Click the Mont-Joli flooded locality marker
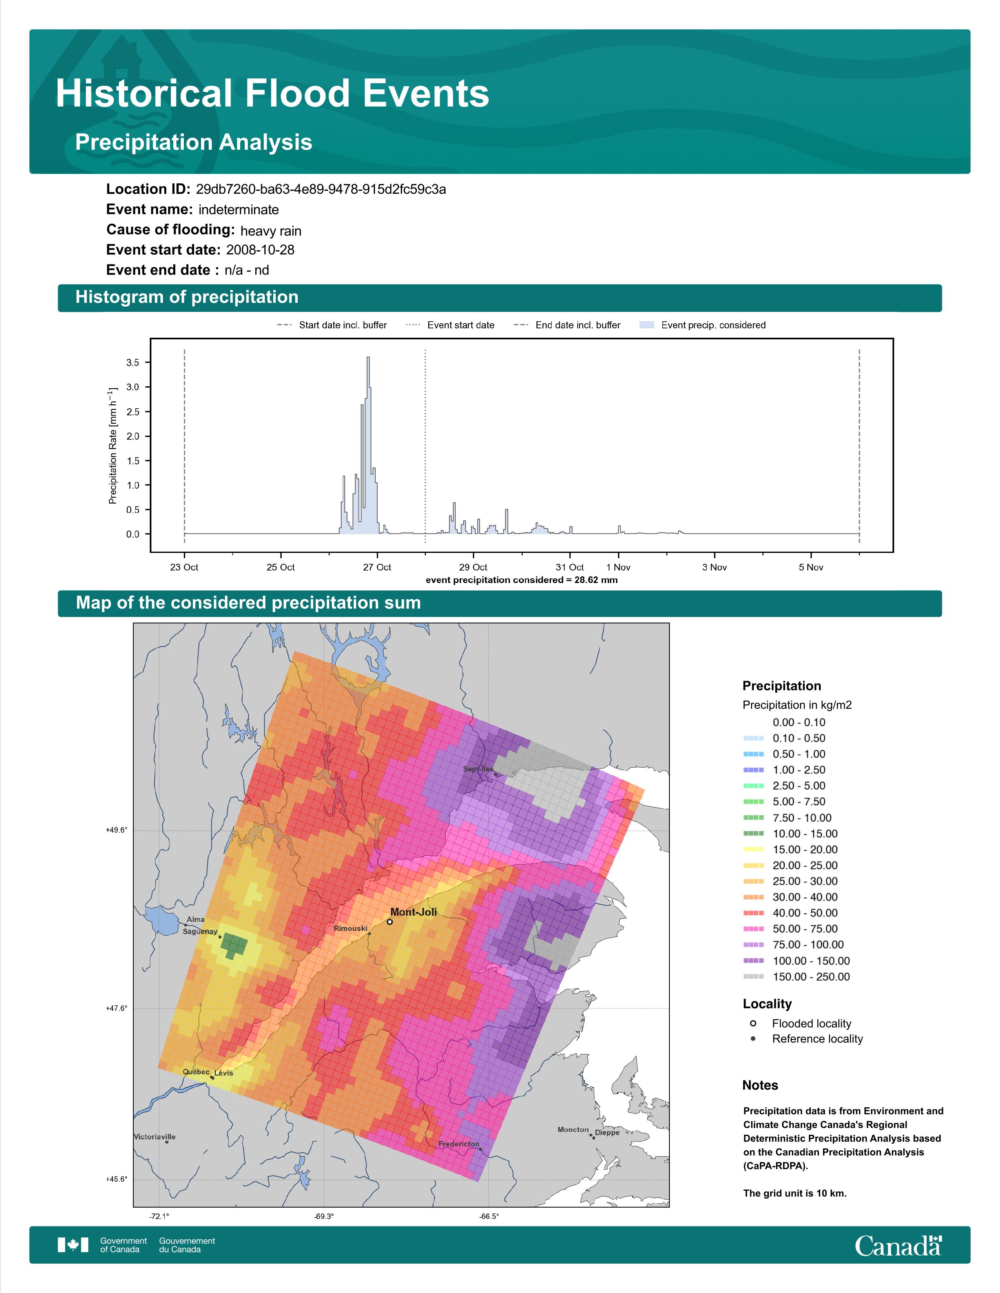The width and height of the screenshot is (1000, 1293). [390, 922]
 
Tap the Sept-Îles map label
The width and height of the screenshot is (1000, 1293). [478, 769]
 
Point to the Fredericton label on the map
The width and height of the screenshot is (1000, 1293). [458, 1144]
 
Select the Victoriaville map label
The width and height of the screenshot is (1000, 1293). [155, 1137]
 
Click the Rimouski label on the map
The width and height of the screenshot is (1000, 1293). [350, 928]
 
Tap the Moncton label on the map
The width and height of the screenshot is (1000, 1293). [573, 1130]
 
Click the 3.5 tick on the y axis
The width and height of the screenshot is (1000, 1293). [133, 362]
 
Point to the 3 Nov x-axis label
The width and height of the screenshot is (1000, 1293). [715, 567]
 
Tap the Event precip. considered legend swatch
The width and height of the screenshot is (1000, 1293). [647, 325]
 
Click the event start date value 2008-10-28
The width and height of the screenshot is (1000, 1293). [260, 250]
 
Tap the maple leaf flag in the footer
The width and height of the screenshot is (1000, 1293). [73, 1245]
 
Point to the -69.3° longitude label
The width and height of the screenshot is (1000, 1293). [324, 1217]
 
